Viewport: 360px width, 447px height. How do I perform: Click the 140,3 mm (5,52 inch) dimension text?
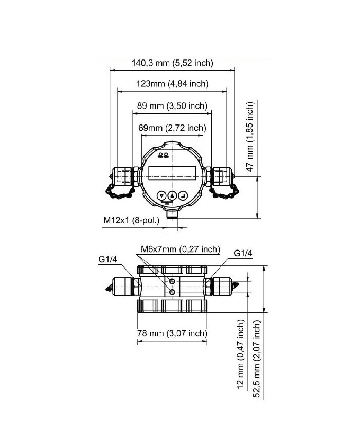[172, 63]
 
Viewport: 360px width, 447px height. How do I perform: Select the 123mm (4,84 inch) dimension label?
[172, 84]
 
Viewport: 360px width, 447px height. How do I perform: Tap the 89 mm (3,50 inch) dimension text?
[172, 106]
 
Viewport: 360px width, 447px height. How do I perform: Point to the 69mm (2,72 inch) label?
[172, 128]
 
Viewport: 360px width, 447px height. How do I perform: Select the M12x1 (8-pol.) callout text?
[132, 220]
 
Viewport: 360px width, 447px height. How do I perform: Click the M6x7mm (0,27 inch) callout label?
[180, 250]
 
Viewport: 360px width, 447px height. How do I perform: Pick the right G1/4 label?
[243, 253]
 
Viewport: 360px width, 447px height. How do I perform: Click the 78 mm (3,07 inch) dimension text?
[172, 333]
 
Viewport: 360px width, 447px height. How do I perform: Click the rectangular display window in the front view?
[172, 172]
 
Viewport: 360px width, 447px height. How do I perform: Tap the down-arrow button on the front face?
[161, 195]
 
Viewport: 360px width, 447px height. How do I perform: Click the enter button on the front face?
[184, 195]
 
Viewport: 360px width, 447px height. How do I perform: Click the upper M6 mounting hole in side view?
[172, 281]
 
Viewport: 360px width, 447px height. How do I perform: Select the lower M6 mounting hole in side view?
[172, 292]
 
